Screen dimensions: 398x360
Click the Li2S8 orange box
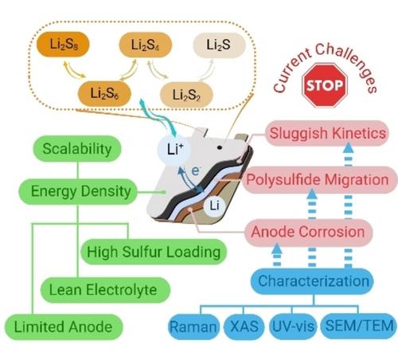coord(63,45)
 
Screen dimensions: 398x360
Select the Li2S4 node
coord(146,45)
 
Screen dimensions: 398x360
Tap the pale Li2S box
coord(219,45)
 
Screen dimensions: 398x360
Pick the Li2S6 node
coord(104,94)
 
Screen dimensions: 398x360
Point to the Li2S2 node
coord(186,95)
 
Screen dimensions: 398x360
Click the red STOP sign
coord(325,85)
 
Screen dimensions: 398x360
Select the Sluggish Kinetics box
coord(327,133)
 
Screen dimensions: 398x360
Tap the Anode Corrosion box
coord(308,232)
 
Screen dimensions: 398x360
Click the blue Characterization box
coord(313,281)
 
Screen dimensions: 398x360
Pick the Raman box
coord(194,327)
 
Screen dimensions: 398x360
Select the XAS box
coord(244,327)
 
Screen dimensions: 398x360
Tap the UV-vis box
coord(293,327)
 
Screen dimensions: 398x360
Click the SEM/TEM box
coord(359,327)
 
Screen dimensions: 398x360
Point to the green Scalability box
coord(77,148)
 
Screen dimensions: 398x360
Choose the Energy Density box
coord(78,191)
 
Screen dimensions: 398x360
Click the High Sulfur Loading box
coord(154,252)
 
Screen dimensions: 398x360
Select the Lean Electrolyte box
coord(105,290)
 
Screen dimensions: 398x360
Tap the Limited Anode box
coord(64,327)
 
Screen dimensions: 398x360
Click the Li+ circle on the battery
coord(174,149)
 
